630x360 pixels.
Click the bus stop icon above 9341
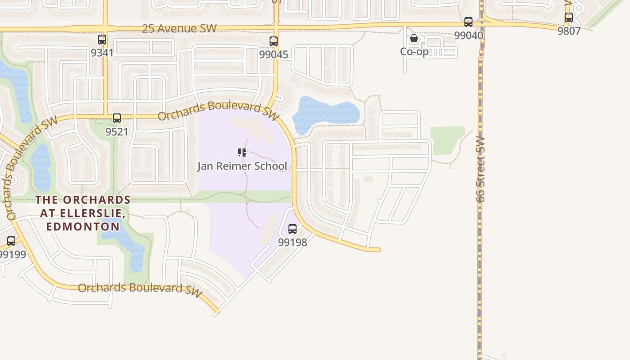click(102, 39)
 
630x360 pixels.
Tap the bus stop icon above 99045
click(274, 41)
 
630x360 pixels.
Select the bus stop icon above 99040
click(468, 22)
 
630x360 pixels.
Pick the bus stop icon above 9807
click(569, 18)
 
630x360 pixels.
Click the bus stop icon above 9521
click(117, 118)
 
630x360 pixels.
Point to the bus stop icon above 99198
click(292, 229)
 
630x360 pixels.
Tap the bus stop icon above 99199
click(11, 241)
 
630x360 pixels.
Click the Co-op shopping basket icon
click(414, 39)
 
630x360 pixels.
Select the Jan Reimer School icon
click(242, 153)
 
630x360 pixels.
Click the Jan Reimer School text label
click(242, 166)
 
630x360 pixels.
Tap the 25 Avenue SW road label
click(179, 29)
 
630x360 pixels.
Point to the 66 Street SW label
click(480, 169)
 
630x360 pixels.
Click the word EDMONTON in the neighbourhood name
click(83, 226)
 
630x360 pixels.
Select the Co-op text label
click(414, 52)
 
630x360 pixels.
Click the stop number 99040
click(468, 35)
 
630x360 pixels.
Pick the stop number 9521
click(117, 132)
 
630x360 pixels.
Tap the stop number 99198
click(292, 242)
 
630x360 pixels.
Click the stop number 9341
click(102, 53)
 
